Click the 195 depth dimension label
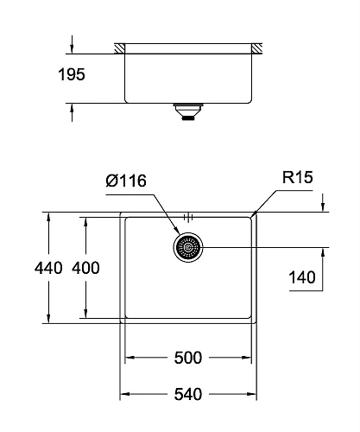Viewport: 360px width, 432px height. pyautogui.click(x=72, y=75)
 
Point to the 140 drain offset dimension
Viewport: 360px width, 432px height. pyautogui.click(x=301, y=277)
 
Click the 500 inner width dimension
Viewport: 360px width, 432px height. pyautogui.click(x=188, y=356)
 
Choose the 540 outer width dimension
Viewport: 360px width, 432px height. pyautogui.click(x=188, y=394)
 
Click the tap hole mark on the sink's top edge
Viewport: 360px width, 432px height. pyautogui.click(x=187, y=213)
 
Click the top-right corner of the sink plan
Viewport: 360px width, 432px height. pyautogui.click(x=256, y=211)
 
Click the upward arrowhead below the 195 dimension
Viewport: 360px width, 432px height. pyautogui.click(x=72, y=108)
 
